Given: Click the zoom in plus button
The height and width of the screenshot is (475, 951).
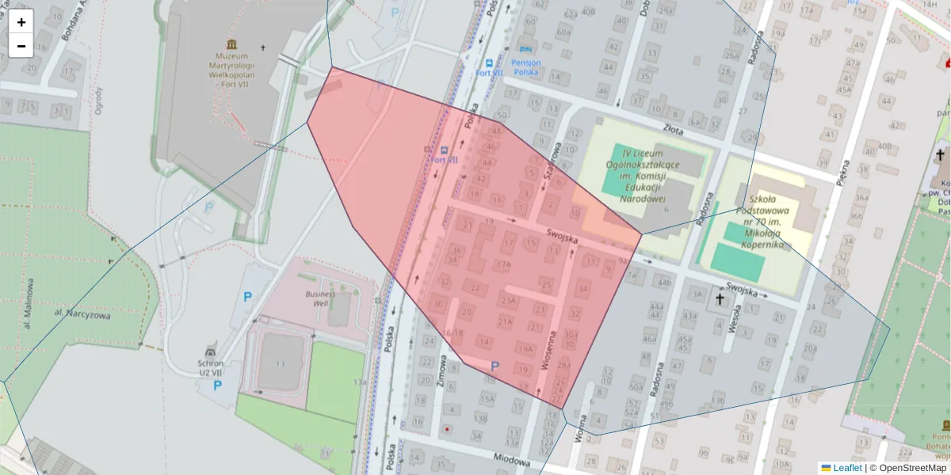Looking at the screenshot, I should click(x=21, y=22).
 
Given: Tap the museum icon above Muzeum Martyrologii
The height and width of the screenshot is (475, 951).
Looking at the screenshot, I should click(x=231, y=44).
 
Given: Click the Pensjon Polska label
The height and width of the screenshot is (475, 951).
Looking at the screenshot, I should click(x=526, y=66).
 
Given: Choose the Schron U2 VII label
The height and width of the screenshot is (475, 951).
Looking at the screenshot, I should click(x=210, y=367).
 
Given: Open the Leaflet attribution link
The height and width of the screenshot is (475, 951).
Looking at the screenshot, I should click(x=847, y=468).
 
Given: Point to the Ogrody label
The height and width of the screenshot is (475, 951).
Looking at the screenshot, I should click(x=99, y=101).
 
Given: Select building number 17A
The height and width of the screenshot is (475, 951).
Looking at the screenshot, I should click(x=502, y=264).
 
